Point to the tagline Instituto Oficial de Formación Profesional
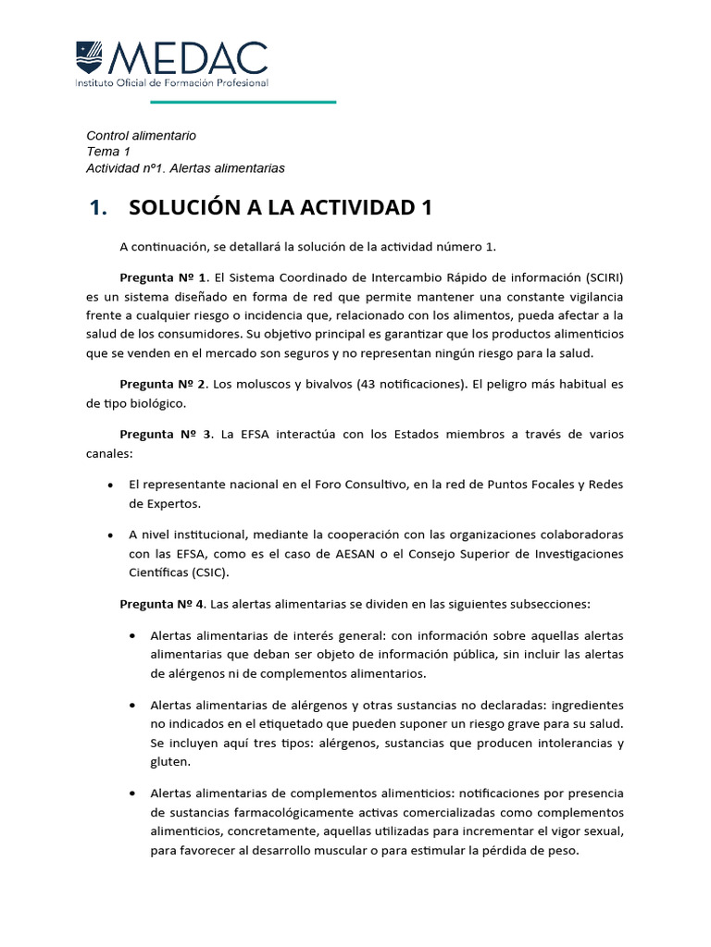click(171, 83)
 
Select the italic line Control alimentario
click(141, 135)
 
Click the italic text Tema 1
click(108, 152)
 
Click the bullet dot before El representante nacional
click(111, 485)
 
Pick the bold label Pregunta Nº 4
click(163, 604)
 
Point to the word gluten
click(169, 762)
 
